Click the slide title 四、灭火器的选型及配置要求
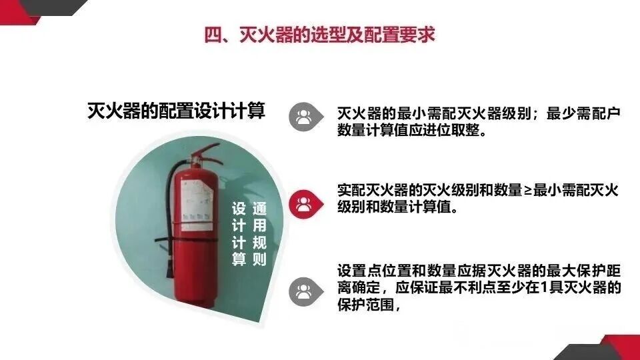pos(319,35)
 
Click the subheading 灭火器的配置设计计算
pos(176,111)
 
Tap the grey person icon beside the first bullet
pos(304,117)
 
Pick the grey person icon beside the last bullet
pos(304,291)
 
